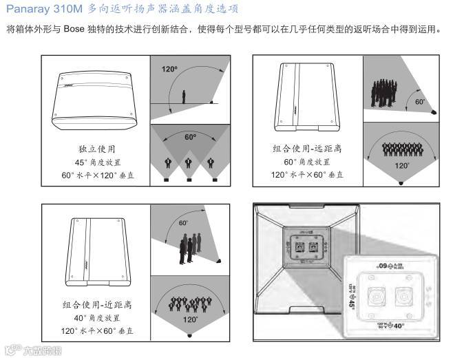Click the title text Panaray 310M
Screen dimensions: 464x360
coord(41,10)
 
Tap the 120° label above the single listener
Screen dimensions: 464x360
coord(169,70)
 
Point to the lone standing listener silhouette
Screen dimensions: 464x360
coord(184,96)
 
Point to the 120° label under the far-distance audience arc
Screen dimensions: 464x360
coord(400,166)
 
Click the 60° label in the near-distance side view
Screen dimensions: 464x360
coord(184,223)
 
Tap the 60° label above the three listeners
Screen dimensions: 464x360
coord(190,137)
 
